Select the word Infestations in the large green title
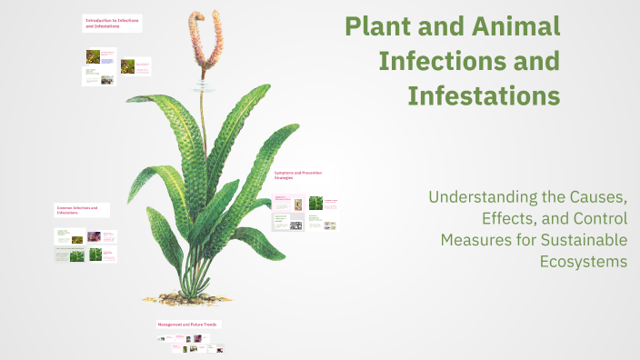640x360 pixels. (483, 94)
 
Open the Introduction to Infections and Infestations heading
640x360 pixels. (112, 22)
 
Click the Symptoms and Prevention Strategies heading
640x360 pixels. (298, 175)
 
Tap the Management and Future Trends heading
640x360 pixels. (188, 324)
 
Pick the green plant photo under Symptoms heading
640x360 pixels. (315, 203)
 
